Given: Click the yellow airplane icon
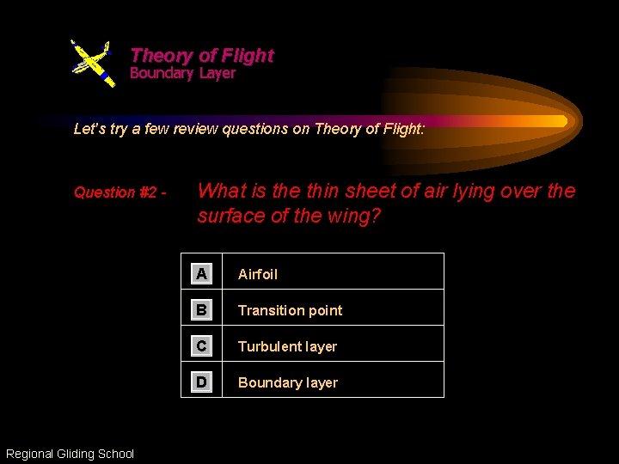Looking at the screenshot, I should pos(92,62).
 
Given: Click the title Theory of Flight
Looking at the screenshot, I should pos(201,56).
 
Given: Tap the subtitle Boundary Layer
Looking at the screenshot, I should pos(182,74).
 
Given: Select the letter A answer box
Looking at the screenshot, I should pos(201,274).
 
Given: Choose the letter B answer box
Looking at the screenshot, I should pos(201,310).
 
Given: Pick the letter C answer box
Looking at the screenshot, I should pos(201,346).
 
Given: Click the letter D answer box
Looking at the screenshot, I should pos(201,382).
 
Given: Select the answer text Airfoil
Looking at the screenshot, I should pos(258,275).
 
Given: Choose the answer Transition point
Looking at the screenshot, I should pos(290,311).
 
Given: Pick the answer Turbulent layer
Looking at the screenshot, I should pos(287,347).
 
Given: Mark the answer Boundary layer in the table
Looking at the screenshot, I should pos(288,383).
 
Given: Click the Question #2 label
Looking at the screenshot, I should pos(119,192).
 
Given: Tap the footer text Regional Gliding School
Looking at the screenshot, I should pos(70,454).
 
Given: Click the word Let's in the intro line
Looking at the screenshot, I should pos(89,130).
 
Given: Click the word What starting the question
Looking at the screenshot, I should pos(222,192).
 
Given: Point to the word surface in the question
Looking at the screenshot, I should pos(231,217).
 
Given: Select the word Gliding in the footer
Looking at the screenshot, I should pos(81,454).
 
